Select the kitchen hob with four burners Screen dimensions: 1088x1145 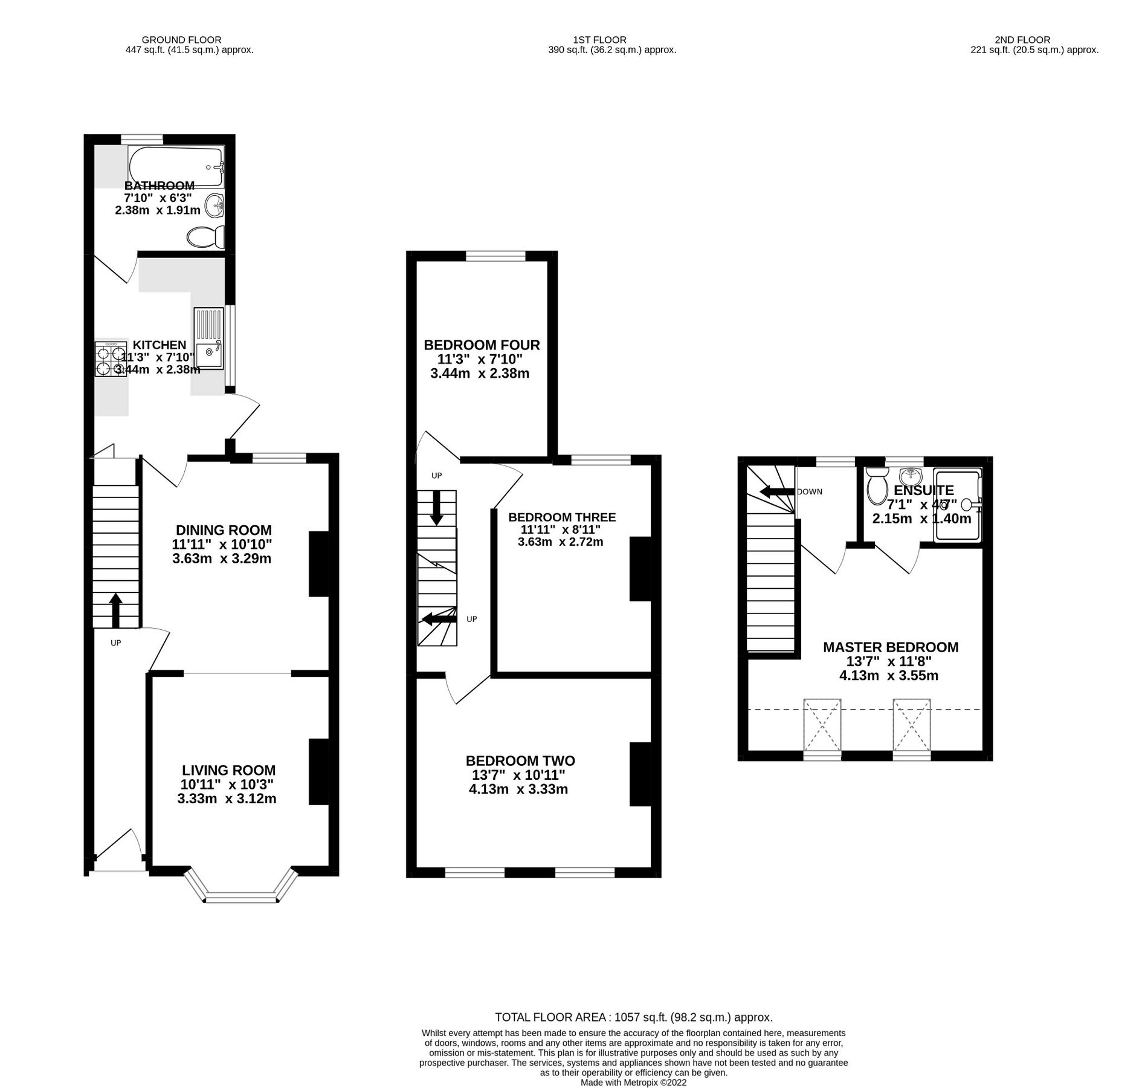(x=110, y=360)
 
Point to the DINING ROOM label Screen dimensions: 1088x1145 (x=224, y=530)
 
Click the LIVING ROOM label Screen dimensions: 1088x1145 (x=228, y=770)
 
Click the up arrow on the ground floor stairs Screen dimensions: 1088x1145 (x=115, y=611)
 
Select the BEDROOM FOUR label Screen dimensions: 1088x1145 (x=482, y=345)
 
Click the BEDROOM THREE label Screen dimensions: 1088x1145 (x=562, y=517)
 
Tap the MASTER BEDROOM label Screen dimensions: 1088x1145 (x=890, y=647)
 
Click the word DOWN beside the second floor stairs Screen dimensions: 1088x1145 (x=810, y=491)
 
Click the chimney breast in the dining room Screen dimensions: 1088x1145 (x=319, y=565)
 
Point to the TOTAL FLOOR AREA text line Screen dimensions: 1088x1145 (x=633, y=1017)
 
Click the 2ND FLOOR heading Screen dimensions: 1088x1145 (x=1031, y=40)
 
